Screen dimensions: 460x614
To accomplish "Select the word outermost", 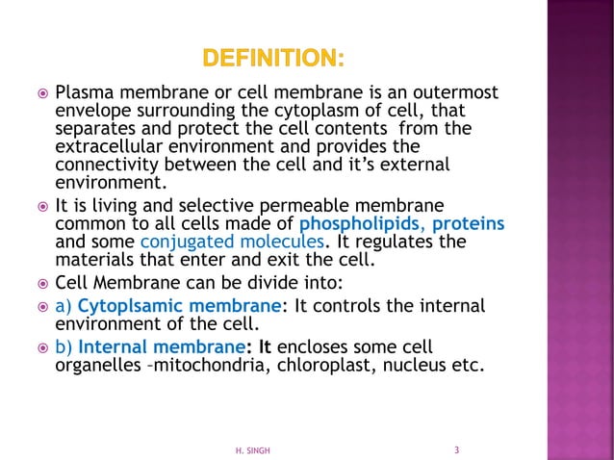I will pyautogui.click(x=455, y=93).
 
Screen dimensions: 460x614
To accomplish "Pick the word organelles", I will pyautogui.click(x=93, y=364).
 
